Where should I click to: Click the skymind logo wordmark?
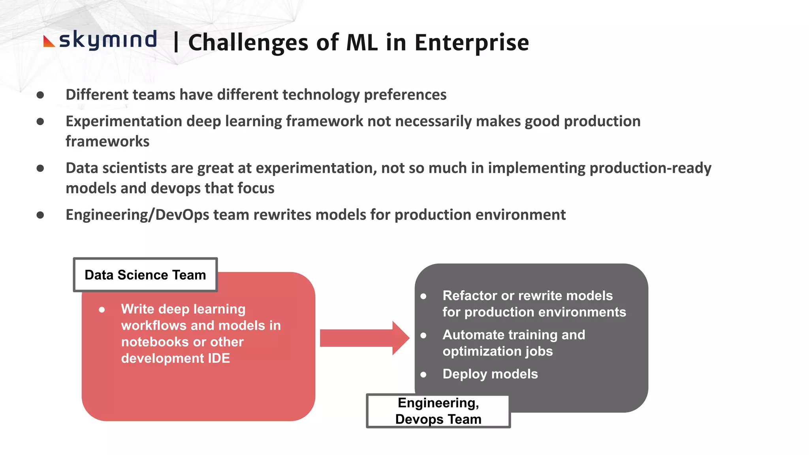[x=108, y=40]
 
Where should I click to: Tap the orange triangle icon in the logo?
[x=48, y=42]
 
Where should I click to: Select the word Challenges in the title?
[x=248, y=43]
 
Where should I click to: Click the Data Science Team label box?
[x=145, y=275]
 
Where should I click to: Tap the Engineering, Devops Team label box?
[x=438, y=411]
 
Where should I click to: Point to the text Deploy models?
[x=490, y=374]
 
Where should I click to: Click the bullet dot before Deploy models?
[x=423, y=374]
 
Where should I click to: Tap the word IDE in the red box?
[x=219, y=358]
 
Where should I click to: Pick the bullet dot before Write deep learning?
[x=102, y=310]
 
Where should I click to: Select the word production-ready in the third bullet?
[x=650, y=168]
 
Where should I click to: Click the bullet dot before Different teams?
[x=40, y=95]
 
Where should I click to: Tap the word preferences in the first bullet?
[x=405, y=95]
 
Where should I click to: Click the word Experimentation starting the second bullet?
[x=124, y=121]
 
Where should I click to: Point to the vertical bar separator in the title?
[x=176, y=43]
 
